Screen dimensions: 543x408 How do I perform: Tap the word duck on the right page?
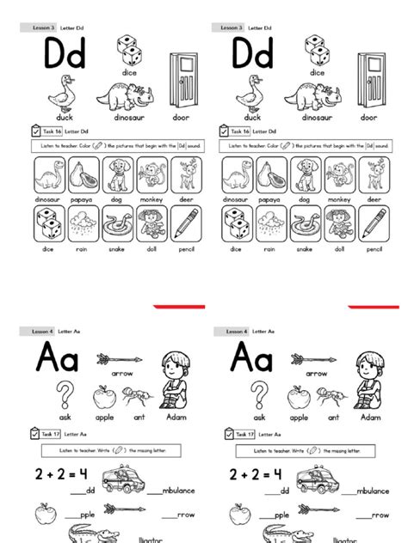pos(253,117)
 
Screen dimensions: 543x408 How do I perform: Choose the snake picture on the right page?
pos(306,225)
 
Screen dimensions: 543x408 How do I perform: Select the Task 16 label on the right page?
pos(239,131)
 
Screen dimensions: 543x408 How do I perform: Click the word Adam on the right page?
pos(370,418)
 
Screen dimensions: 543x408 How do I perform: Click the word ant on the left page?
pos(139,418)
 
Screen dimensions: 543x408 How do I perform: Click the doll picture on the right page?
pos(340,225)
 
